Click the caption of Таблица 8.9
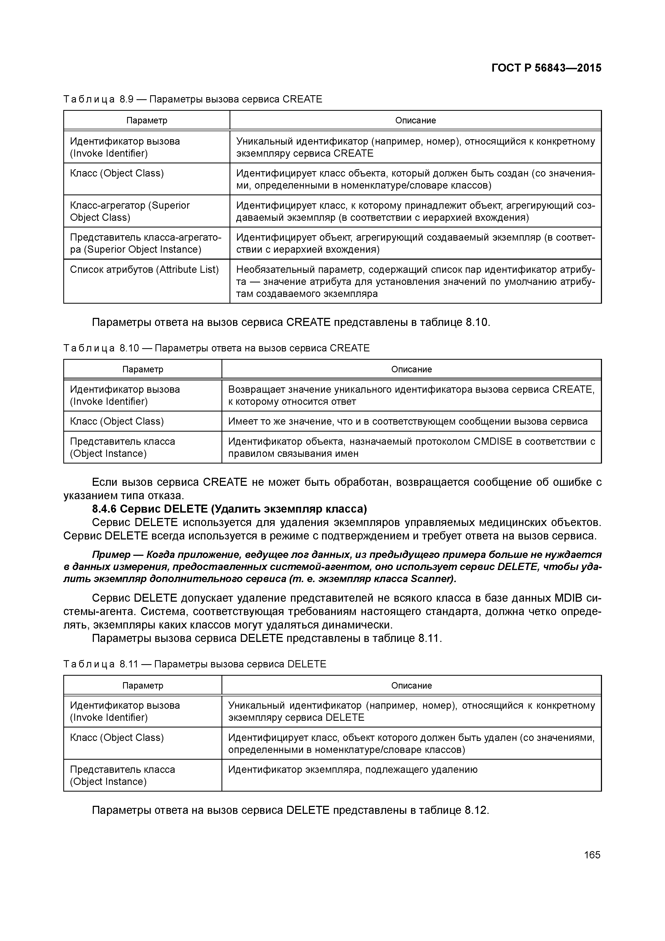click(x=193, y=99)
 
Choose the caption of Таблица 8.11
click(x=195, y=664)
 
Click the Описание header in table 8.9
click(x=415, y=120)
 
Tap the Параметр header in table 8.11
click(x=143, y=685)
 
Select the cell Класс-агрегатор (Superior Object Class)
click(x=130, y=211)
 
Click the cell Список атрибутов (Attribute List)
click(x=144, y=270)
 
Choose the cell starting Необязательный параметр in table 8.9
click(x=415, y=282)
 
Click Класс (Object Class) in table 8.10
click(x=117, y=421)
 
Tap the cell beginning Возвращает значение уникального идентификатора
click(x=411, y=395)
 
